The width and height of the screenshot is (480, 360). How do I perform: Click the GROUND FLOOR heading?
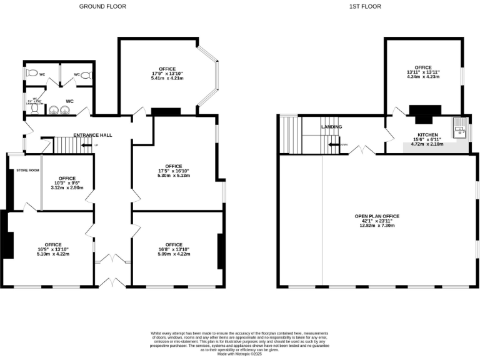(x=102, y=6)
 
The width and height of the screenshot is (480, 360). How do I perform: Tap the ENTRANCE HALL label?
(x=92, y=135)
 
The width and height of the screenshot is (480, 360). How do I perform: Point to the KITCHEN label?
(x=427, y=135)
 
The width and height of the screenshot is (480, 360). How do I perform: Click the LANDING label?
(x=331, y=127)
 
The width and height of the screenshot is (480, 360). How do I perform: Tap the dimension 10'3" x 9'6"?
(x=67, y=183)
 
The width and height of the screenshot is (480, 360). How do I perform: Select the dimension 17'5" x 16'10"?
(x=173, y=171)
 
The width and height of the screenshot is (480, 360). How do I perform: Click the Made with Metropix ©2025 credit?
(x=239, y=355)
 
